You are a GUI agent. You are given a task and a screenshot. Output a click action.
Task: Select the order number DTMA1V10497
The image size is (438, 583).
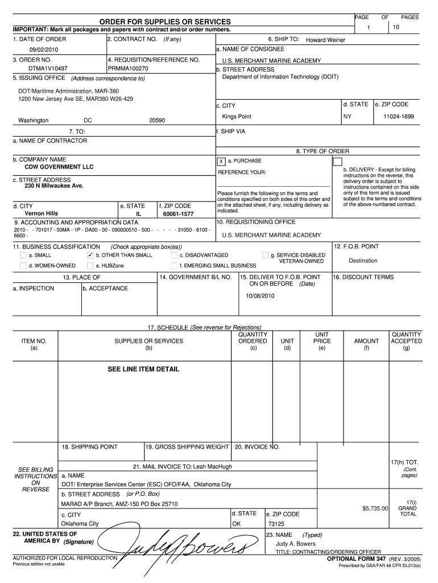pyautogui.click(x=40, y=68)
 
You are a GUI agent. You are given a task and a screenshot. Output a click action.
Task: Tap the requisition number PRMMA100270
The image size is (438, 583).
pyautogui.click(x=128, y=68)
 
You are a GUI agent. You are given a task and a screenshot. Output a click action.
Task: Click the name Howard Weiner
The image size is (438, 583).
pyautogui.click(x=325, y=40)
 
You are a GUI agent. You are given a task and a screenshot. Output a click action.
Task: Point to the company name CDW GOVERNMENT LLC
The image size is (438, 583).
pyautogui.click(x=59, y=167)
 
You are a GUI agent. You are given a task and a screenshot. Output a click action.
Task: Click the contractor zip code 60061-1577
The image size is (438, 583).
pyautogui.click(x=178, y=214)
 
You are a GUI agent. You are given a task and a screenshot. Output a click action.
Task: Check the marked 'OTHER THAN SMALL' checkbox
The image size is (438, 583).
pyautogui.click(x=90, y=256)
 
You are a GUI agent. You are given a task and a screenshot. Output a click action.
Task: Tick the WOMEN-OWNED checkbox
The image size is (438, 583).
pyautogui.click(x=23, y=265)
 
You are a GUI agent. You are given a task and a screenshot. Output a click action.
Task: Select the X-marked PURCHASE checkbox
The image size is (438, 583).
pyautogui.click(x=221, y=162)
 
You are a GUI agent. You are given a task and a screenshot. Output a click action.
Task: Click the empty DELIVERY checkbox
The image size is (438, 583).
pyautogui.click(x=337, y=162)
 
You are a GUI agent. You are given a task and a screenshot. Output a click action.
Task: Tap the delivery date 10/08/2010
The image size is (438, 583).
pyautogui.click(x=260, y=296)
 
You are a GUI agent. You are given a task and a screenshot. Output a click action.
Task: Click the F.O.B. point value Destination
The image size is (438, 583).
pyautogui.click(x=363, y=261)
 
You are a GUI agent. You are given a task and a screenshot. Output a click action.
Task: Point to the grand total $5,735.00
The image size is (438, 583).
pyautogui.click(x=374, y=508)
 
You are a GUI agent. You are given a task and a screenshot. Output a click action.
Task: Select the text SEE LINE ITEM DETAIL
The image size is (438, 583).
pyautogui.click(x=143, y=369)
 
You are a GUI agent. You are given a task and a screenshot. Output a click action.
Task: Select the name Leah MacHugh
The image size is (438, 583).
pyautogui.click(x=213, y=467)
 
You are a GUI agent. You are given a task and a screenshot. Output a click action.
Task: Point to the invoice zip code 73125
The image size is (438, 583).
pyautogui.click(x=276, y=524)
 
